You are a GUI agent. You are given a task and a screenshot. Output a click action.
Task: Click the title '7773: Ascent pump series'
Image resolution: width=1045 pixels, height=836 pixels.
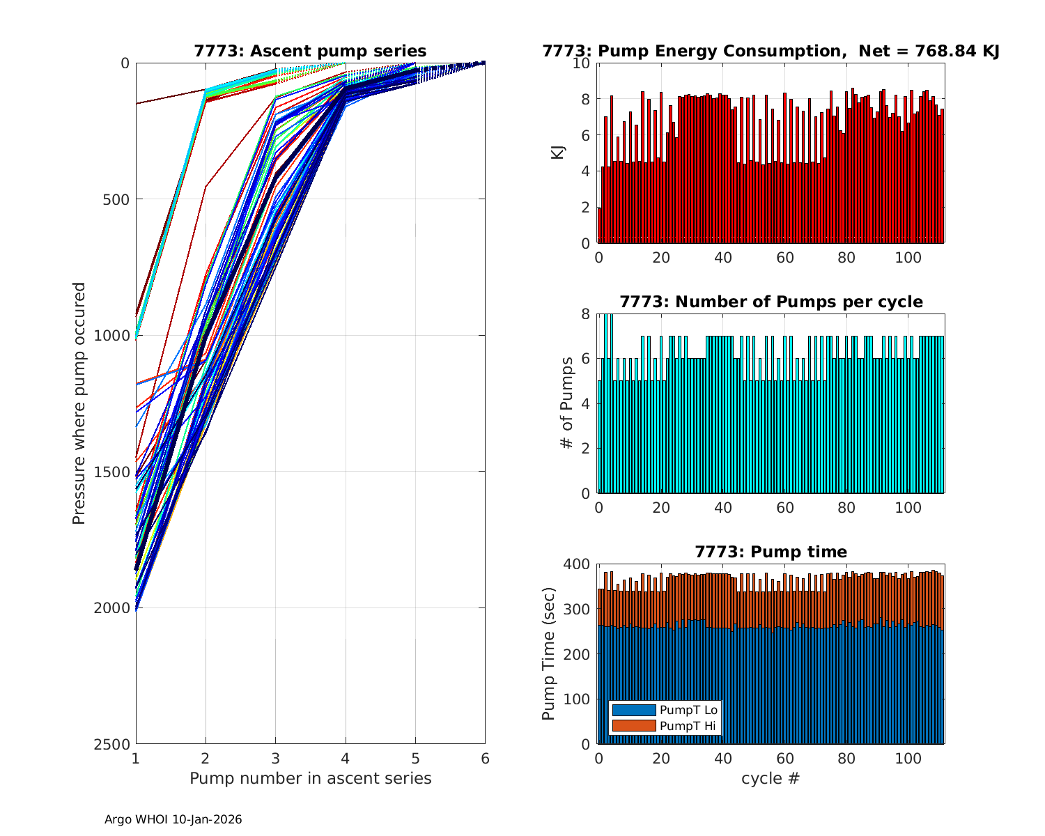click(310, 51)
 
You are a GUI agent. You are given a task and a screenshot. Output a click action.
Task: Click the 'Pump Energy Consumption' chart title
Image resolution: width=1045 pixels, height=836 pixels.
click(771, 51)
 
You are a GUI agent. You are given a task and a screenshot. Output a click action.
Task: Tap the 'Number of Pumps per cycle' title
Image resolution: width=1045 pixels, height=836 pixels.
click(771, 302)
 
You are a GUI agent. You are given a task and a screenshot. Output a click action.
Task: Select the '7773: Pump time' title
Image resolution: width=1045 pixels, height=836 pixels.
click(771, 552)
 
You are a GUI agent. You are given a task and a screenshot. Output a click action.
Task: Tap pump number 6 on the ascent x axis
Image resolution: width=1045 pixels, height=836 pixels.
click(485, 759)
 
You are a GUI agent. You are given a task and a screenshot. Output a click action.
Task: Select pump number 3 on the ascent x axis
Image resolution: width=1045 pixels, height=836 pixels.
click(275, 759)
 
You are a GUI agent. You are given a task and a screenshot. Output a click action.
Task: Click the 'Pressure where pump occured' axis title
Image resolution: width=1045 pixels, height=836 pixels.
click(79, 403)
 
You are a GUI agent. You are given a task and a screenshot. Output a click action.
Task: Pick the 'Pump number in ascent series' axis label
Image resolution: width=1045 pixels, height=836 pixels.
click(310, 778)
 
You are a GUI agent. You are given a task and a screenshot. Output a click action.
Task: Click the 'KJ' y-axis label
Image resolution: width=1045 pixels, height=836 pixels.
click(558, 153)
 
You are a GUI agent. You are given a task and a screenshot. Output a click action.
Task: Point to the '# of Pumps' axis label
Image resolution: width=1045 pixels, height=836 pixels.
click(568, 403)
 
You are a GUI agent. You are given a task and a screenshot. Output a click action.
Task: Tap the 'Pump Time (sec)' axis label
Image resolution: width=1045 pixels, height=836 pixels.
click(549, 654)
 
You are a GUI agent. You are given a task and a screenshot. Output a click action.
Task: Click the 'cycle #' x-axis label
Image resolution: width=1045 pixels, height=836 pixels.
click(771, 778)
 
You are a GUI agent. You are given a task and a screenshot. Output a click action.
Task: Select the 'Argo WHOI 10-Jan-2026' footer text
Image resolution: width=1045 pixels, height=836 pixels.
click(173, 819)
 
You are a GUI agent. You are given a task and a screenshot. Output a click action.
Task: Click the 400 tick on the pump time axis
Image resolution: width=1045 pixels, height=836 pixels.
click(580, 564)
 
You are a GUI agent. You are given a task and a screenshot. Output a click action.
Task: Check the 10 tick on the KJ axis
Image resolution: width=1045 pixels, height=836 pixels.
click(582, 63)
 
